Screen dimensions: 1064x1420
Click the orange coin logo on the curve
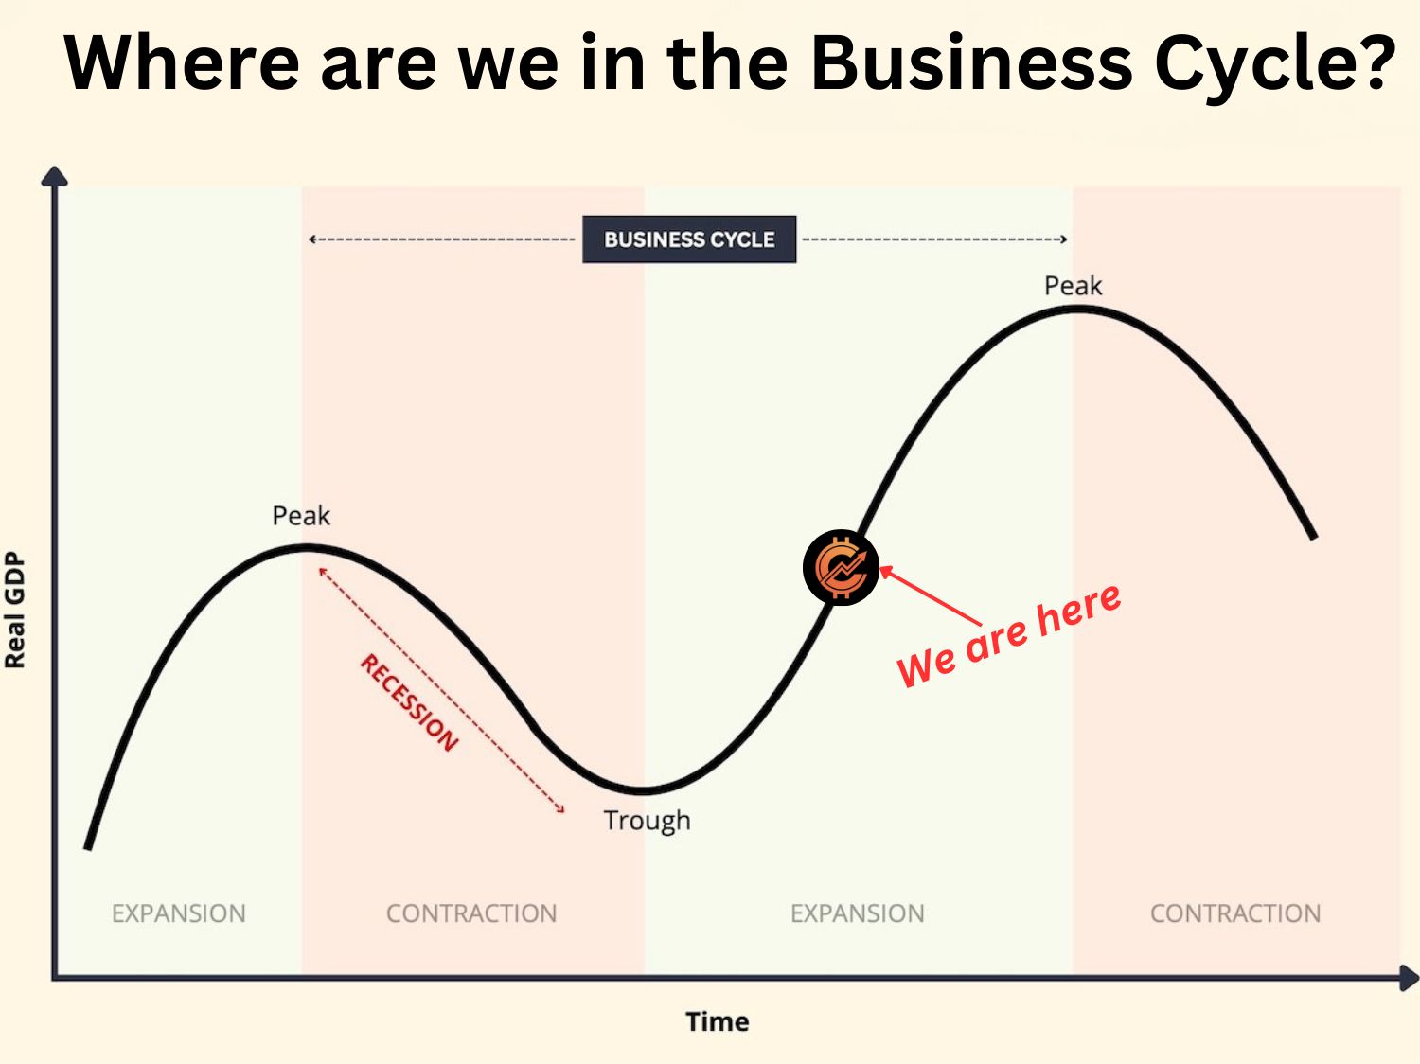(841, 567)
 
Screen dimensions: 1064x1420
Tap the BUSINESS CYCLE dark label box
(689, 239)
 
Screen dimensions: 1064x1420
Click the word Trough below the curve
(647, 820)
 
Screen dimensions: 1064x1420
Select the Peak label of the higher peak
(1073, 285)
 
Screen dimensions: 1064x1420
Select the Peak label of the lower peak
(301, 516)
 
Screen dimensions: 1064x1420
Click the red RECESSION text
(409, 702)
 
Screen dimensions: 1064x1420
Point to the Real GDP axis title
(15, 611)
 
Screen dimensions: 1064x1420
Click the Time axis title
(718, 1021)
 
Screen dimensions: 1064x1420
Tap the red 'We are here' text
(1009, 635)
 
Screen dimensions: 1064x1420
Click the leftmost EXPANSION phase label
(179, 913)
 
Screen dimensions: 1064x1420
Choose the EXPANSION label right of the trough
(858, 913)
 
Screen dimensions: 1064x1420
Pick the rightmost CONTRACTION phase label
(1235, 913)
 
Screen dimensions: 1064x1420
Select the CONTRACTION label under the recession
(471, 913)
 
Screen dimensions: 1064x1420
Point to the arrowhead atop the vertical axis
(55, 176)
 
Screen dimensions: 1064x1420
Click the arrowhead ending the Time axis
(1409, 978)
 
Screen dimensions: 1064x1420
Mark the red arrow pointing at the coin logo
(930, 596)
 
